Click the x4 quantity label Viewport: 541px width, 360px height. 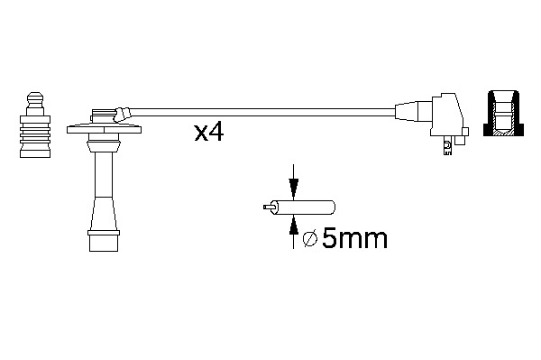209,133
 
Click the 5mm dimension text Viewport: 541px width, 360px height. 354,238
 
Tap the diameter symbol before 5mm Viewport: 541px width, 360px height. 310,239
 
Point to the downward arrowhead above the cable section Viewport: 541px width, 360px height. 293,189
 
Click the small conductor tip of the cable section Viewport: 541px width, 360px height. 269,208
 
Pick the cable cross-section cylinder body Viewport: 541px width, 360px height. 304,208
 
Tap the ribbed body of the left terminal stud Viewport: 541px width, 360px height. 35,133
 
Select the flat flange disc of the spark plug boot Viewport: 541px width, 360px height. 104,130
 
